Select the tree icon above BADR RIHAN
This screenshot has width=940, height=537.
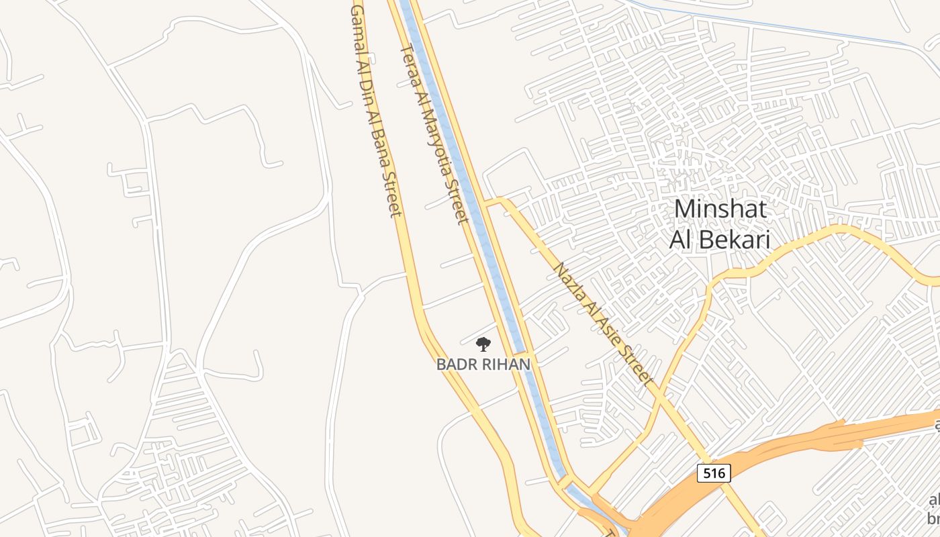coord(483,345)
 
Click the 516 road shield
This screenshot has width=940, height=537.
coord(713,473)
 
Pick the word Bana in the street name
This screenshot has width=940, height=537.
coord(381,148)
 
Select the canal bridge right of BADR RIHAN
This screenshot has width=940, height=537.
coord(520,352)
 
